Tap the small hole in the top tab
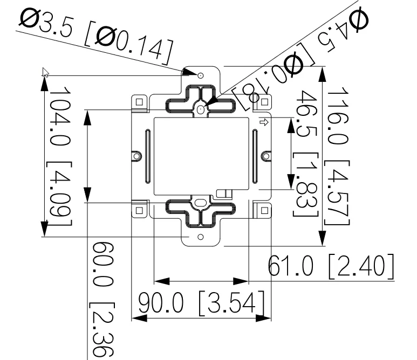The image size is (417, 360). (x=201, y=75)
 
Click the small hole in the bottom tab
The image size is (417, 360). (x=201, y=237)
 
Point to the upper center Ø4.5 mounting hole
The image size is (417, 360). (x=201, y=109)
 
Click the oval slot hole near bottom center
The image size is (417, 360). (x=200, y=204)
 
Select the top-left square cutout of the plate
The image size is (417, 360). (x=139, y=101)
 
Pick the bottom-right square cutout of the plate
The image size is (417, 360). (x=264, y=210)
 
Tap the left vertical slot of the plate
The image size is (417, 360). (x=146, y=156)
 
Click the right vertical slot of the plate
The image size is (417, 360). (x=253, y=156)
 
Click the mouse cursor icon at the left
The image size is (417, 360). (x=45, y=73)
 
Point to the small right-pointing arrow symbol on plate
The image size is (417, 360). (x=264, y=122)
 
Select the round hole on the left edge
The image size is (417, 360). (x=136, y=156)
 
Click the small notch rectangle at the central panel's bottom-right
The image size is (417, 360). (x=221, y=192)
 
